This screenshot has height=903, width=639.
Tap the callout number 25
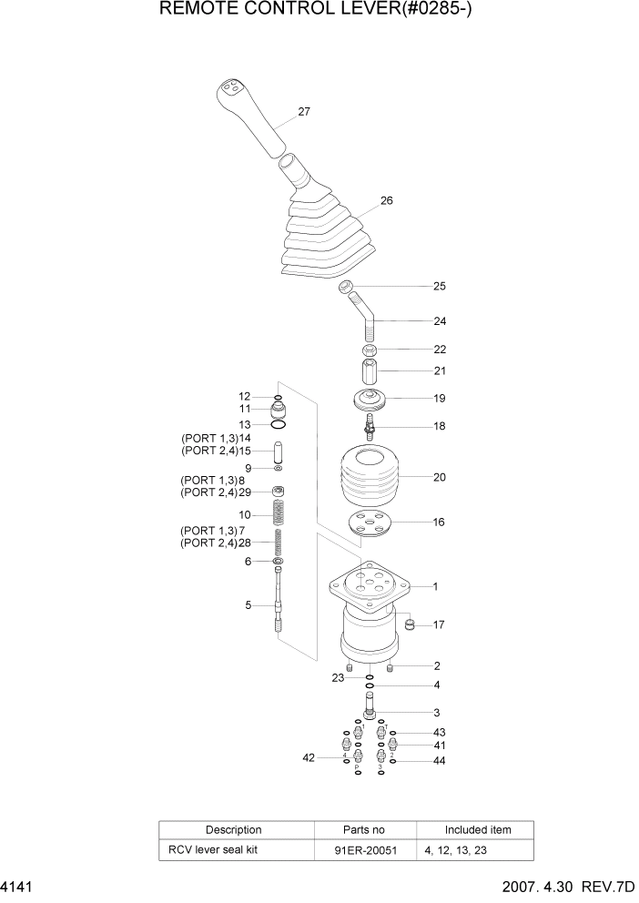pyautogui.click(x=440, y=287)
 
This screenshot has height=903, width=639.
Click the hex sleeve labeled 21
pyautogui.click(x=370, y=373)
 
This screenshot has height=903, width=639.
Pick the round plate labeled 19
pyautogui.click(x=370, y=400)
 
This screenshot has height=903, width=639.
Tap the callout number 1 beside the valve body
pyautogui.click(x=436, y=587)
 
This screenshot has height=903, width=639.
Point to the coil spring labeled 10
pyautogui.click(x=279, y=515)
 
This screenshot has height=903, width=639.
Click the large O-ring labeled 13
pyautogui.click(x=279, y=424)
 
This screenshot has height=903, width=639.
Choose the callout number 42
pyautogui.click(x=309, y=757)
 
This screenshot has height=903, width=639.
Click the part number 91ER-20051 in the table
pyautogui.click(x=365, y=850)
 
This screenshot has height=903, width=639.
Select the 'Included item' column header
pyautogui.click(x=477, y=830)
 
